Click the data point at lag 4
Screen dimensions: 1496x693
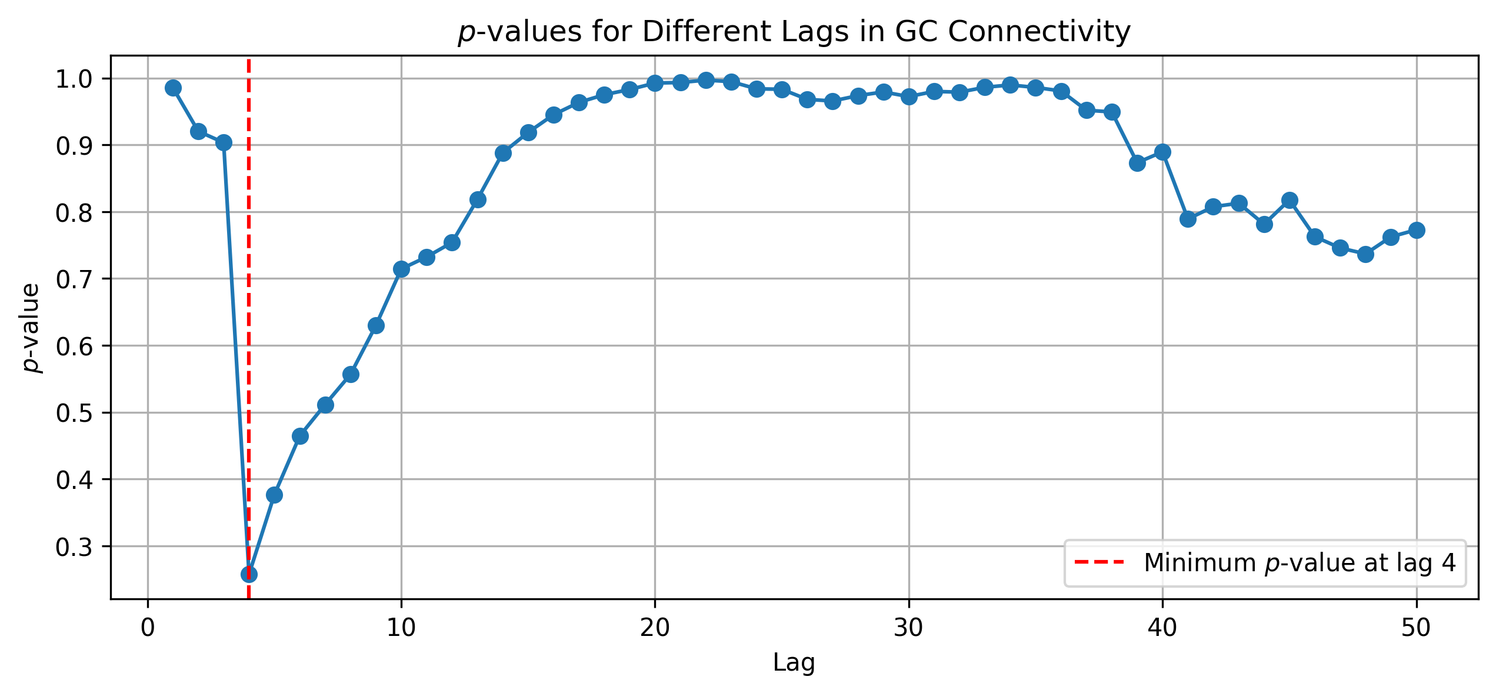point(249,574)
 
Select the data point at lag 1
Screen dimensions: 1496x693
point(173,88)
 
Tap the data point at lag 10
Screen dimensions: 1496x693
point(401,269)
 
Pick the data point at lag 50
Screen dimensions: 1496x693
point(1417,230)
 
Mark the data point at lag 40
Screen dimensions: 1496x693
point(1162,152)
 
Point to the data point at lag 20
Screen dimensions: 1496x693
point(655,83)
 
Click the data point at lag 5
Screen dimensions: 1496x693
point(274,495)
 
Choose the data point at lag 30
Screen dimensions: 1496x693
point(909,96)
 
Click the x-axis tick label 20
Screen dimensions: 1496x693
point(655,628)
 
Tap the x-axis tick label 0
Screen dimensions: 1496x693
point(148,628)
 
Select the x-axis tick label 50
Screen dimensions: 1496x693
point(1416,628)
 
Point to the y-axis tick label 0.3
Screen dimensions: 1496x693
point(75,547)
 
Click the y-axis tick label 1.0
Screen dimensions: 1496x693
point(75,79)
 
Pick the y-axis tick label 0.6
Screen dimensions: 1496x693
point(75,346)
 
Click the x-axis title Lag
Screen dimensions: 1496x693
point(794,664)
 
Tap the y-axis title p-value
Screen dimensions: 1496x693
point(31,328)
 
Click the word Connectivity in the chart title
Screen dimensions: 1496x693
point(1039,32)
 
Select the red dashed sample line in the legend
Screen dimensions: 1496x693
point(1099,562)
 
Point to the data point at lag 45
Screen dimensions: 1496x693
point(1290,200)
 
